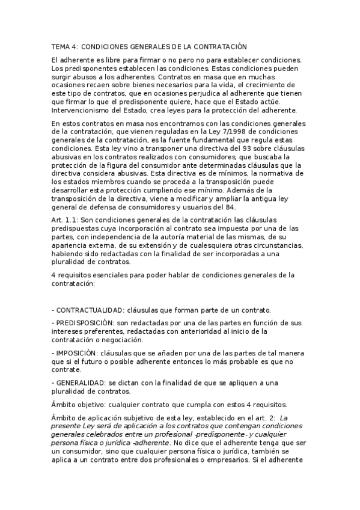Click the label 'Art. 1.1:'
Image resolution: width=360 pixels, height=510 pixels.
click(64, 220)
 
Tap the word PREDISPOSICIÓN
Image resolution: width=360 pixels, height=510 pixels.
click(85, 323)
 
